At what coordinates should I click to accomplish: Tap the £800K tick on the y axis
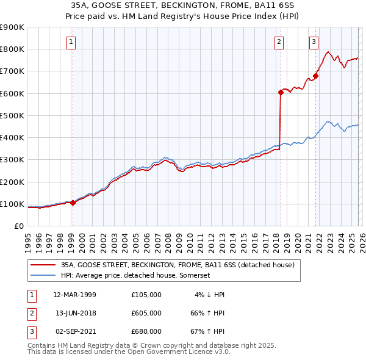pos(12,49)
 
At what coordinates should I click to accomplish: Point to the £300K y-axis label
pos(12,160)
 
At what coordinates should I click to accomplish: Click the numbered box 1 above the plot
pos(71,42)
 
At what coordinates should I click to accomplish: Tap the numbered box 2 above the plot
pos(279,42)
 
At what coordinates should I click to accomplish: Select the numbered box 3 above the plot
pos(314,42)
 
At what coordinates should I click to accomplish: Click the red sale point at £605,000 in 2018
pos(281,92)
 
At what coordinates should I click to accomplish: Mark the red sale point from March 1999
pos(73,203)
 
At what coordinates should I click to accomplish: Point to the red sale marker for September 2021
pos(315,76)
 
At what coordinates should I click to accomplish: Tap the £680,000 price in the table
pos(146,331)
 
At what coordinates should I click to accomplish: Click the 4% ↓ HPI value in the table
pos(210,295)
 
